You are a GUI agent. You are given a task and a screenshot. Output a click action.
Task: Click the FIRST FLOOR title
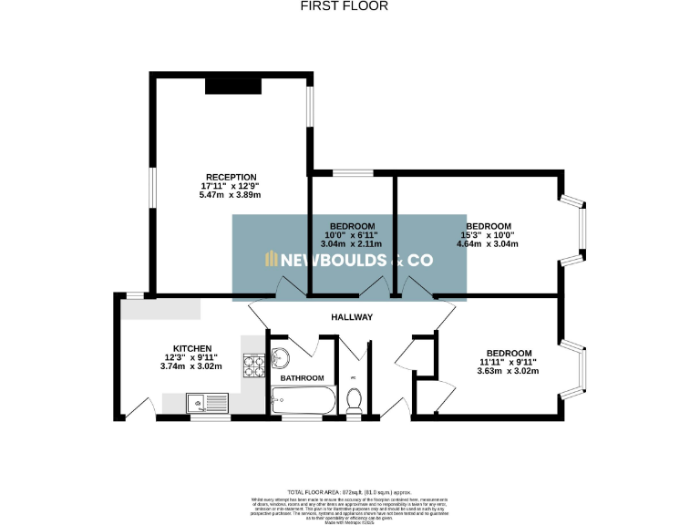click(x=345, y=6)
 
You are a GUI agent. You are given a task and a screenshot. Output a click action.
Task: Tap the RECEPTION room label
click(x=231, y=177)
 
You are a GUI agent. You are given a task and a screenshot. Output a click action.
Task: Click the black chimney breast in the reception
click(x=233, y=86)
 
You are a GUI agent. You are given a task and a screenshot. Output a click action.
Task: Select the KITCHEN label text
click(x=192, y=348)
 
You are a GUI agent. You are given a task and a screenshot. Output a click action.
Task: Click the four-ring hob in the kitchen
click(x=253, y=366)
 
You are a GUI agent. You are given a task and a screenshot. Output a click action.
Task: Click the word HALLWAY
click(x=351, y=318)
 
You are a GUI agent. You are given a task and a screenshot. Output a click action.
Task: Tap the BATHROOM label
click(x=302, y=377)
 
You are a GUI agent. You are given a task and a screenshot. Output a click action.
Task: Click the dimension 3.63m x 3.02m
click(x=509, y=372)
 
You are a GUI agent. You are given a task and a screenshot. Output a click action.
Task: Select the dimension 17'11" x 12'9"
click(x=231, y=186)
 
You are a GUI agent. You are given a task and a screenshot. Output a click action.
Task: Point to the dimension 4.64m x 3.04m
click(x=489, y=244)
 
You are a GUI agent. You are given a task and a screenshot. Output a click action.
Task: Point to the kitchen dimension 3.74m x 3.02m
click(x=192, y=367)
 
